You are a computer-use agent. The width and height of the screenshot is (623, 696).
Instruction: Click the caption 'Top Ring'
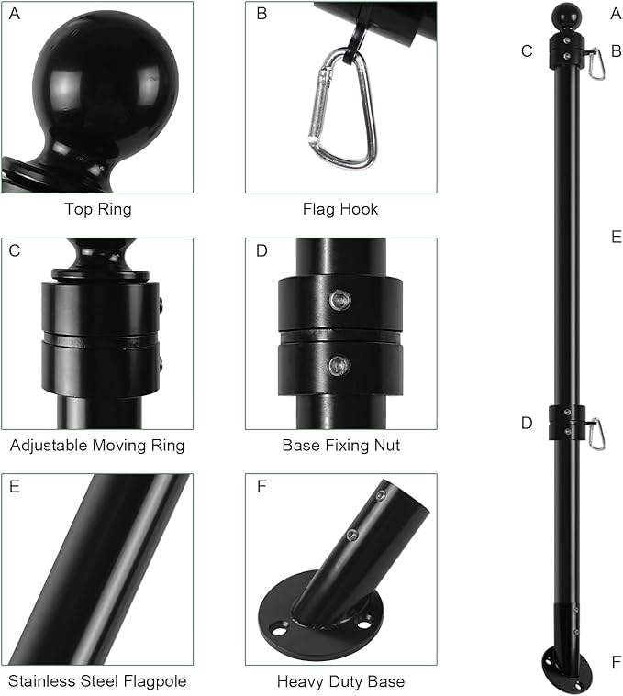98,209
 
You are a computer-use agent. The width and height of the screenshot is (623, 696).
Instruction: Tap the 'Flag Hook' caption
340,209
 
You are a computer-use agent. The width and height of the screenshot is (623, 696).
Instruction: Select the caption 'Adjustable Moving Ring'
97,446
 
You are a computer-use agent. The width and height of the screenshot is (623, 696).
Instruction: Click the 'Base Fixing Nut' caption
341,446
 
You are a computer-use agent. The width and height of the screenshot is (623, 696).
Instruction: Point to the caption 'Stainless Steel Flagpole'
97,681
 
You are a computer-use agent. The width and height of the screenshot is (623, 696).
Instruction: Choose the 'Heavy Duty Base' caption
340,681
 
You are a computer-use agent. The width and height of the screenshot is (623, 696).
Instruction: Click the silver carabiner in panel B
342,108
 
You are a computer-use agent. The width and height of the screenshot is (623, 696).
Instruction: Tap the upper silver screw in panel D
340,301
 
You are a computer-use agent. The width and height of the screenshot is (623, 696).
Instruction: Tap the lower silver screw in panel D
339,366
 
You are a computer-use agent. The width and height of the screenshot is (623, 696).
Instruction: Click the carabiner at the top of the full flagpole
596,63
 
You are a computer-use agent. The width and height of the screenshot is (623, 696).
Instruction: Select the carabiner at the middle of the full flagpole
596,434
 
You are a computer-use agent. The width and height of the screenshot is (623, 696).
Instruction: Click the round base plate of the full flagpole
567,669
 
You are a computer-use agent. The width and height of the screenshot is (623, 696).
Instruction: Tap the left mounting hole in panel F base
279,630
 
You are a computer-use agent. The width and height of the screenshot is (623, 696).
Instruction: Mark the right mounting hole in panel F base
363,624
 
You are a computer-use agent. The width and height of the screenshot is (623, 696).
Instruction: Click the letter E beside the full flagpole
616,237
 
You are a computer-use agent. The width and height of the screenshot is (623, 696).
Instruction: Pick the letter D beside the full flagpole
527,423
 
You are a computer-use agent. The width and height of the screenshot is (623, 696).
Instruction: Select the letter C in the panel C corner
15,250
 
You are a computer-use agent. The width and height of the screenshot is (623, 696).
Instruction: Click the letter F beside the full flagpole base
616,662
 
